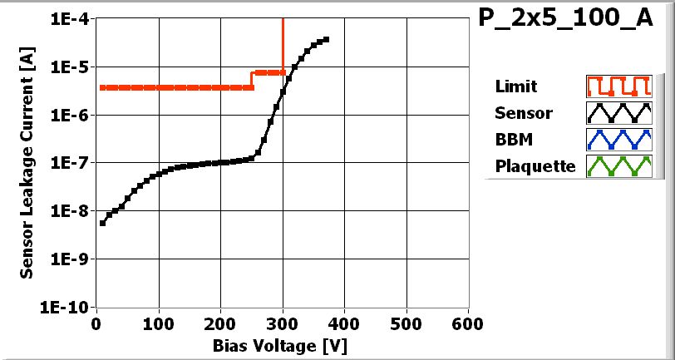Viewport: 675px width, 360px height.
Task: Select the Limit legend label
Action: coord(515,86)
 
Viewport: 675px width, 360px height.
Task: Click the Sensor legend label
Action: coord(523,113)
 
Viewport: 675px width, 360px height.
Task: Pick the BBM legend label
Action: coord(512,140)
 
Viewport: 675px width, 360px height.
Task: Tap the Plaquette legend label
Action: coord(535,166)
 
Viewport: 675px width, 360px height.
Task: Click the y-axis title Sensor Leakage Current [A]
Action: coord(27,163)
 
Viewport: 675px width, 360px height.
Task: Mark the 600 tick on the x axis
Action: coord(469,323)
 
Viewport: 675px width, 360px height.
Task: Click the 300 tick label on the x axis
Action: coord(283,323)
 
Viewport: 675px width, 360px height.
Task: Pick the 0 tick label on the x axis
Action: coord(96,323)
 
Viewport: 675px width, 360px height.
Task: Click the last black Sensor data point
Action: coord(327,39)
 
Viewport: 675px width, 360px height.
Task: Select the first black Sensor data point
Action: coord(102,223)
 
